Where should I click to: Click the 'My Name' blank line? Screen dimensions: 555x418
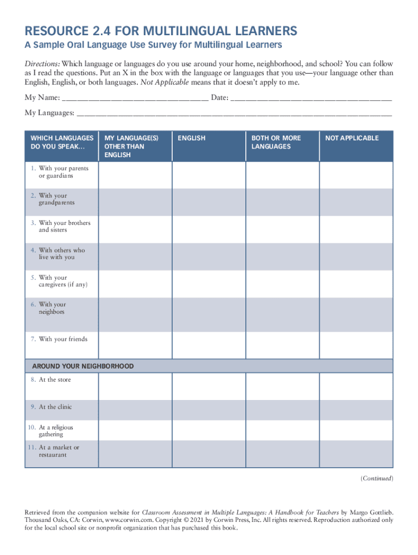click(x=135, y=98)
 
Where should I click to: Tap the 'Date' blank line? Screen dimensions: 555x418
click(x=311, y=98)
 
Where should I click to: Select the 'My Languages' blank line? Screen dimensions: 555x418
click(x=234, y=113)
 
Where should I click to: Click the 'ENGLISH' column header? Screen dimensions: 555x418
click(x=192, y=138)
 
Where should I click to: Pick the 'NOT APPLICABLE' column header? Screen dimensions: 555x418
click(x=352, y=138)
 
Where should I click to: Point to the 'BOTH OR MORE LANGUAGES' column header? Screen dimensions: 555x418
click(x=276, y=143)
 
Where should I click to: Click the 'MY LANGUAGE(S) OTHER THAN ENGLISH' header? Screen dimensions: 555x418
click(x=131, y=146)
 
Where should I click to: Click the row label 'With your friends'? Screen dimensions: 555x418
click(x=62, y=339)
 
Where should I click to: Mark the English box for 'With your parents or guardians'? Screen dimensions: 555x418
click(x=208, y=175)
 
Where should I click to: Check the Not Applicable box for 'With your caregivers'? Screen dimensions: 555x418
click(x=356, y=283)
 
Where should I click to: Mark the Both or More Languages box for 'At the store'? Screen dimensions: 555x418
click(x=282, y=386)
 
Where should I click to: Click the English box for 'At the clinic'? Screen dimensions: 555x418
click(x=208, y=410)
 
